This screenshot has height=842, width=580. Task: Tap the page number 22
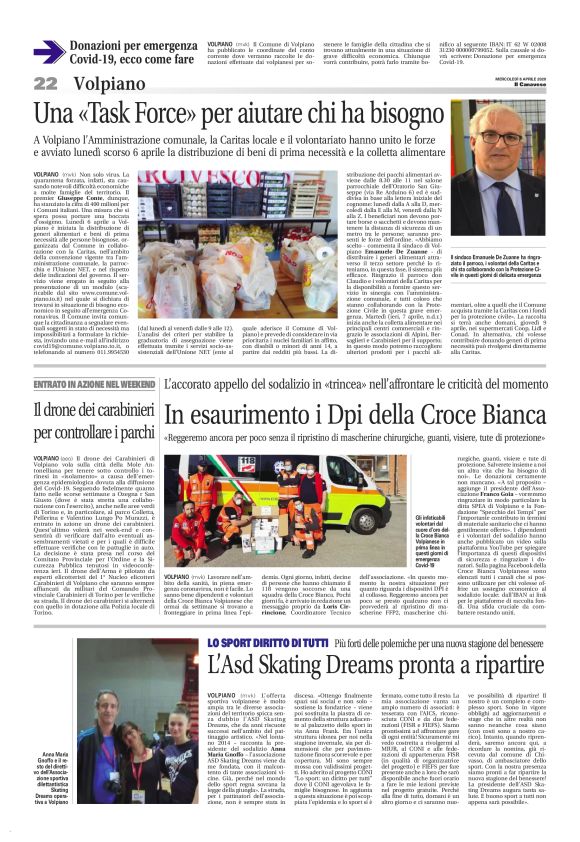point(45,83)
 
